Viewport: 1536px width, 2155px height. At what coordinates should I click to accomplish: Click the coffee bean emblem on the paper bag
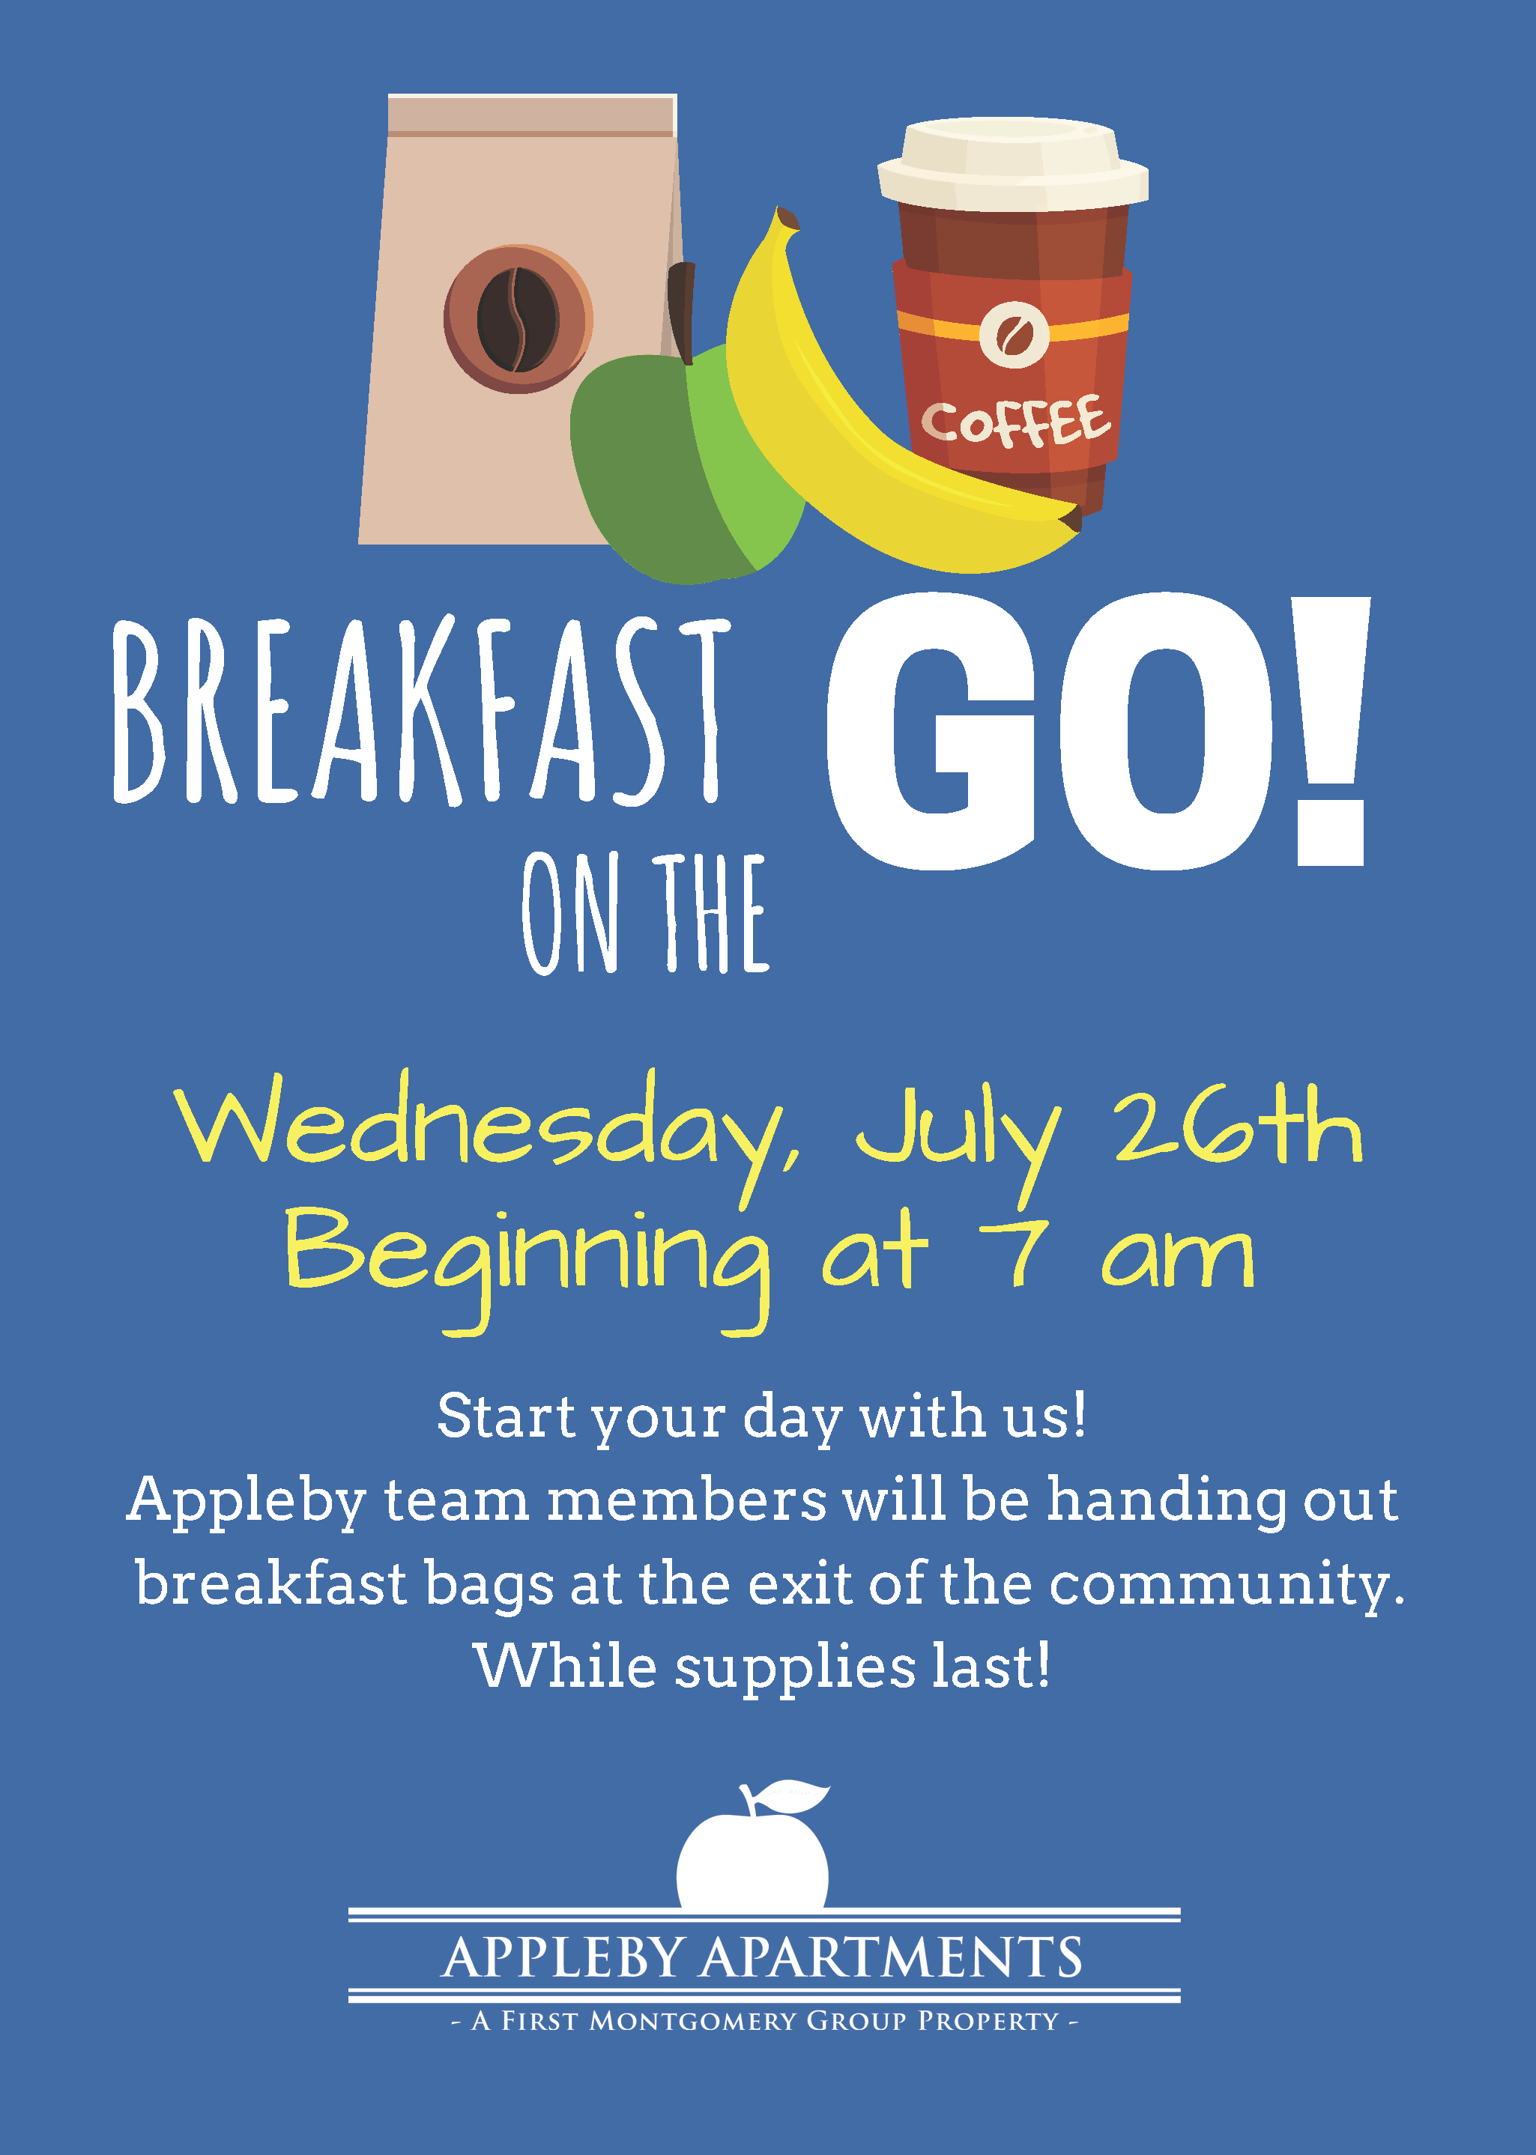click(x=518, y=320)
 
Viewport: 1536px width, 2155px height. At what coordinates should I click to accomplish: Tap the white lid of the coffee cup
click(x=1013, y=163)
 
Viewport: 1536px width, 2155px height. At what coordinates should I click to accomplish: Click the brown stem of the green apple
click(x=681, y=312)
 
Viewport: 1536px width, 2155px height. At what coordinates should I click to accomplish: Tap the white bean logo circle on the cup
click(x=1014, y=335)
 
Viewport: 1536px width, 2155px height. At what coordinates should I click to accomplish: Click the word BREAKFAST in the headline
click(x=422, y=711)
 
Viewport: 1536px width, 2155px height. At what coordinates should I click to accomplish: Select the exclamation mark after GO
click(x=1331, y=731)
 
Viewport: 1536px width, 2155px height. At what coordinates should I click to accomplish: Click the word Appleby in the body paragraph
click(x=246, y=1503)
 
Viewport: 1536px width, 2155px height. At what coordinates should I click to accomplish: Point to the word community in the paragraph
click(x=1227, y=1586)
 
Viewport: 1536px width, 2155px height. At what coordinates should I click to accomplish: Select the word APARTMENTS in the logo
click(x=891, y=1957)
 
